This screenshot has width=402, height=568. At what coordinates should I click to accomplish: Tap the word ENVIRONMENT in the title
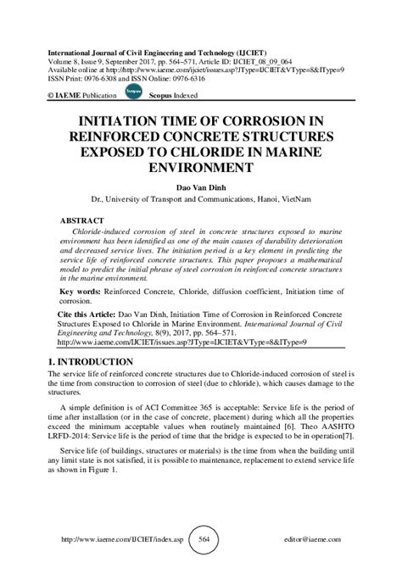point(201,168)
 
